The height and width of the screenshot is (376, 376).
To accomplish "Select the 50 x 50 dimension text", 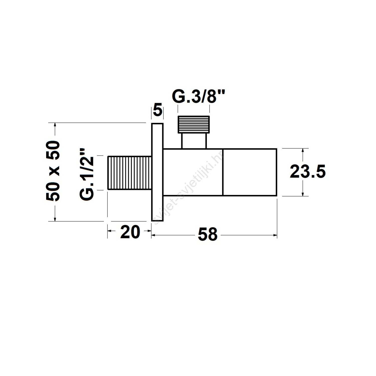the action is pos(53,171).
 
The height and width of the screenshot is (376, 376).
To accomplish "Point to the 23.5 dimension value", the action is pos(308,172).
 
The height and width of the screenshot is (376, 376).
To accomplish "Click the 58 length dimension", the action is pos(208,235).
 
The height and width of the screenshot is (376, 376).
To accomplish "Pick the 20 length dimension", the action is pos(130,232).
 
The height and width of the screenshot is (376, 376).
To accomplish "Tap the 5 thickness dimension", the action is pos(157,111).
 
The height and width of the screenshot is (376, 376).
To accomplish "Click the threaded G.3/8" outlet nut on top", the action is pos(194,124).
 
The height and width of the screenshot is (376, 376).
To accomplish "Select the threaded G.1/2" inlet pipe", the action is pos(130,173).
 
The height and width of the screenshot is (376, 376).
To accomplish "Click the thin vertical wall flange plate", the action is pos(157,172).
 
